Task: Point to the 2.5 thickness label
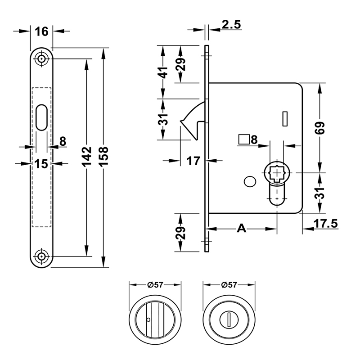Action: [230, 25]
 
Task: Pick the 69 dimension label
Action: [320, 128]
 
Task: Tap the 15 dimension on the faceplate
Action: [41, 164]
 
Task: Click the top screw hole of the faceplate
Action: [42, 58]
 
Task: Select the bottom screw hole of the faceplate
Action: [42, 256]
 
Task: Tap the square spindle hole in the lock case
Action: [276, 173]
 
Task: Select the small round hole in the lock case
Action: [248, 182]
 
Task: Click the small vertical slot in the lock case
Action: [284, 118]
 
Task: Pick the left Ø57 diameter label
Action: [154, 284]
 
